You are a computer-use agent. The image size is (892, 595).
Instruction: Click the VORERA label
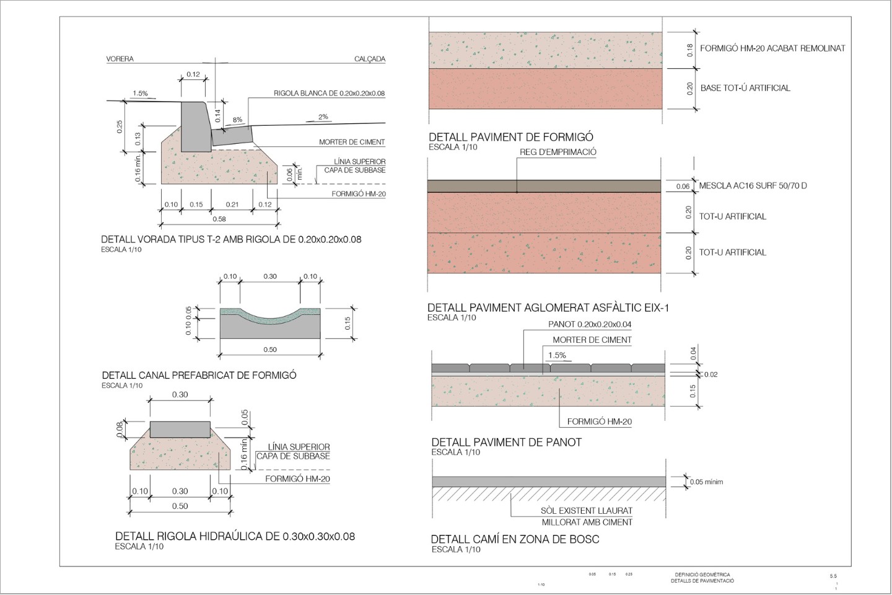120,59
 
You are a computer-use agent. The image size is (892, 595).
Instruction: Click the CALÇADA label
370,59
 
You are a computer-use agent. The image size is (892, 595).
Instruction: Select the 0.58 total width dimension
219,219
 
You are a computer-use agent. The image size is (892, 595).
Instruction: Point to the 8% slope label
238,120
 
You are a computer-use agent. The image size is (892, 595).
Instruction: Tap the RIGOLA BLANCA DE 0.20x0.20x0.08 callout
329,94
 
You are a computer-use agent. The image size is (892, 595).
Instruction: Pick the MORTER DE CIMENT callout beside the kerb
352,142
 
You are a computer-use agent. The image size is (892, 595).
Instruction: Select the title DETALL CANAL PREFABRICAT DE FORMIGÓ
199,375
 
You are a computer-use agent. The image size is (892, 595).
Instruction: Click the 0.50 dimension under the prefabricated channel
270,350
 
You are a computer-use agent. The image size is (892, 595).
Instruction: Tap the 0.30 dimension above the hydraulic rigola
180,395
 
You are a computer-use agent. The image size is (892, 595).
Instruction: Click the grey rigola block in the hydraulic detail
180,430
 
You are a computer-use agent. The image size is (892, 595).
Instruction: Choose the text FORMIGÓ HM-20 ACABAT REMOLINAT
772,48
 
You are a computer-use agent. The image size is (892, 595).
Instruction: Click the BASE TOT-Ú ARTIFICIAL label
745,88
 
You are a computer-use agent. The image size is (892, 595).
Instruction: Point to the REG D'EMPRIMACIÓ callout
558,152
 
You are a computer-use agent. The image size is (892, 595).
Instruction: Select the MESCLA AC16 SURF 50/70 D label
753,185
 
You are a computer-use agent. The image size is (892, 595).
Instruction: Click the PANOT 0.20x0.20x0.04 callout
590,324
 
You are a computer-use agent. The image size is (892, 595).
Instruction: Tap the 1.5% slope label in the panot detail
556,356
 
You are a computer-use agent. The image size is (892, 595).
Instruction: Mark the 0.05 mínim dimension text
706,482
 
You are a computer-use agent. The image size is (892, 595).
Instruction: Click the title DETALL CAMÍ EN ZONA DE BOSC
515,539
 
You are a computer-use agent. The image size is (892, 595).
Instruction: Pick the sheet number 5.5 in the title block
833,576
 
